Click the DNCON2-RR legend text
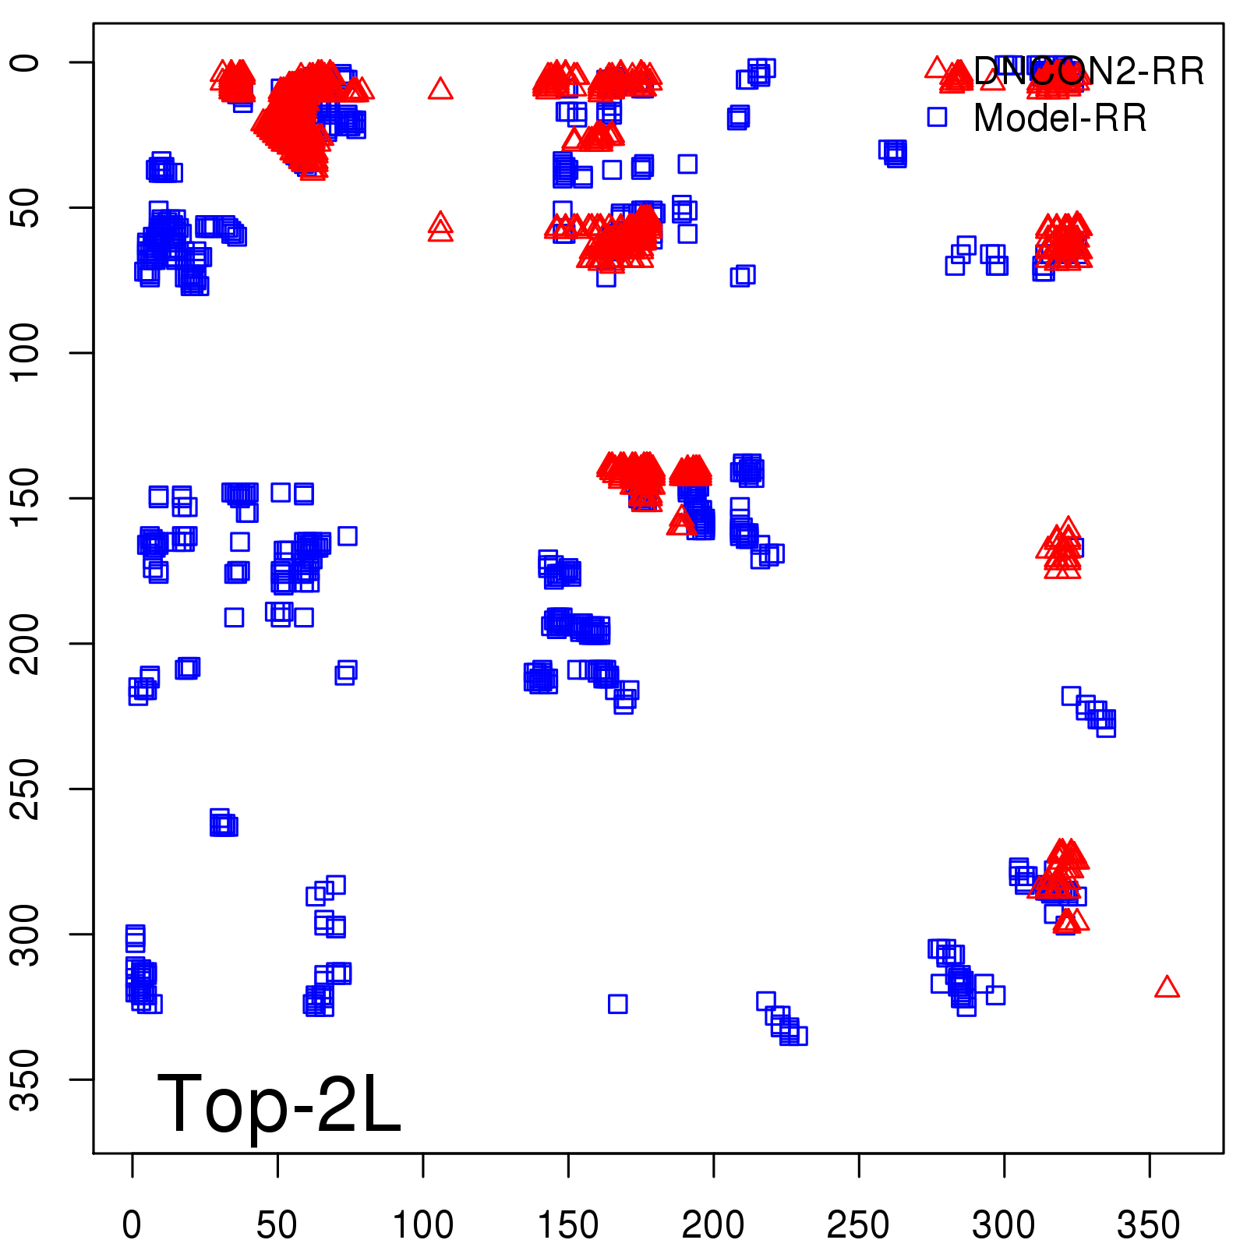(x=1089, y=72)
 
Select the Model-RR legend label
(x=1060, y=118)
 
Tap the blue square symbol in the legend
(x=937, y=117)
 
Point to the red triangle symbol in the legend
(x=937, y=68)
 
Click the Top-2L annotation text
(x=279, y=1104)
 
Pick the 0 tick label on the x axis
(x=132, y=1224)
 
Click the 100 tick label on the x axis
(x=422, y=1224)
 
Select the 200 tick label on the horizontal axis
(x=713, y=1224)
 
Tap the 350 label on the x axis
(x=1149, y=1224)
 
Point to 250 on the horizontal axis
(x=858, y=1224)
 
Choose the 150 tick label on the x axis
(x=568, y=1224)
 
